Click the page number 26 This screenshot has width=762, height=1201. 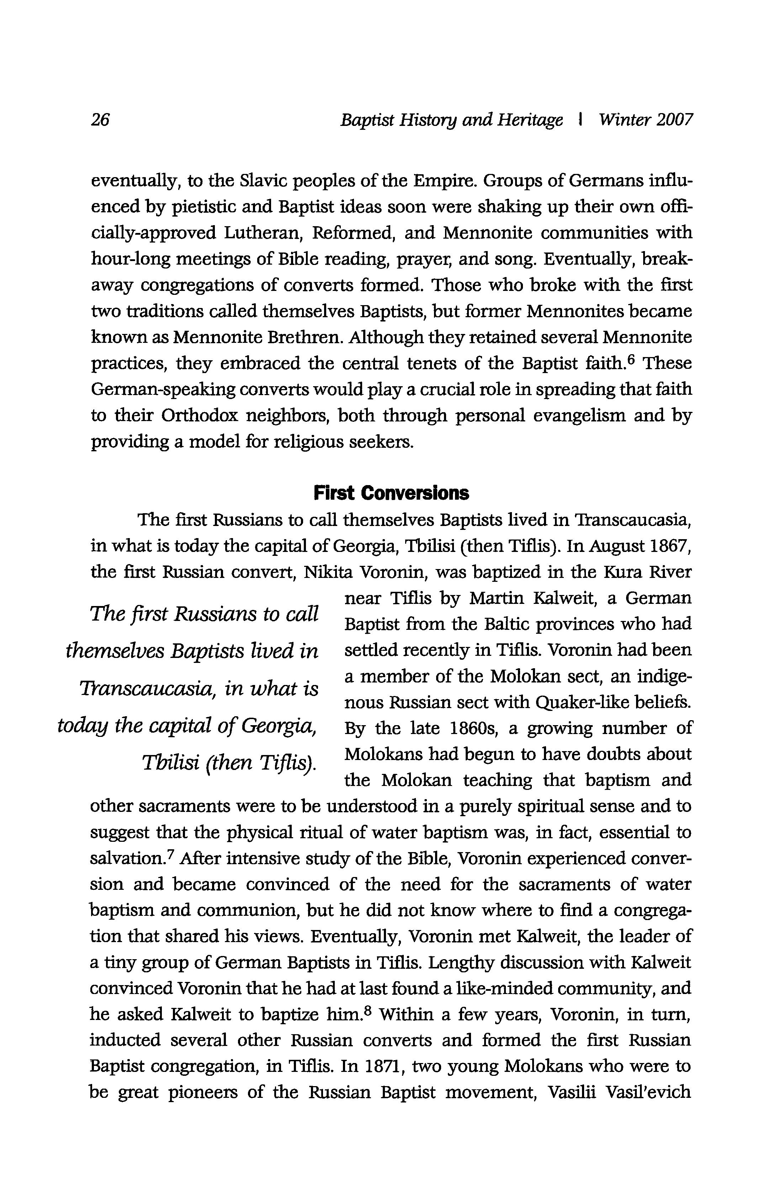pyautogui.click(x=100, y=120)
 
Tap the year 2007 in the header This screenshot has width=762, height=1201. pyautogui.click(x=674, y=120)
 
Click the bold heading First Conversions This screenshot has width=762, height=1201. pyautogui.click(x=391, y=493)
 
